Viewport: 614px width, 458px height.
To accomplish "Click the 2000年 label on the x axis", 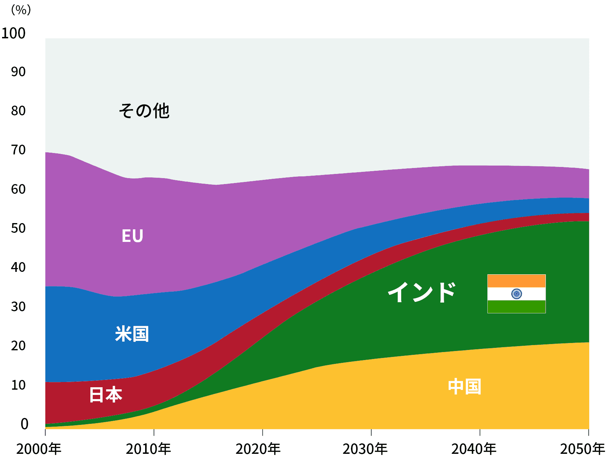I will click(38, 449).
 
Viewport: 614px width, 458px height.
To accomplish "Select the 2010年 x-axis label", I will click(148, 449).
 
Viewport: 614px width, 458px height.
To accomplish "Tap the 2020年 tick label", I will click(258, 449).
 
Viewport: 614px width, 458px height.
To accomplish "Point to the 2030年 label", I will click(365, 449).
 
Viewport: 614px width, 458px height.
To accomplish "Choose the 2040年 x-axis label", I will click(474, 449).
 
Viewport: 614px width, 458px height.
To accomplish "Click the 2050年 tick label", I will click(582, 449).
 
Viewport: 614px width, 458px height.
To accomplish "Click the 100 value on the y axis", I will click(14, 33).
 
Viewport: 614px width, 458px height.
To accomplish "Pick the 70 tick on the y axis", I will click(18, 150).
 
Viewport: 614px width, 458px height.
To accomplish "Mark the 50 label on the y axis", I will click(18, 228).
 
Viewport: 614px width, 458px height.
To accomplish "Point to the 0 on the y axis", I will click(24, 424).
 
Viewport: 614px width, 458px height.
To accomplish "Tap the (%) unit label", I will click(21, 10).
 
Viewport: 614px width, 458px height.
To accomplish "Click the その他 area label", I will click(144, 111).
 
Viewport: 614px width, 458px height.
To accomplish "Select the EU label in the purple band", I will click(132, 236).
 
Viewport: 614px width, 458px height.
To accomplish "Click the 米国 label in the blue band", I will click(132, 334).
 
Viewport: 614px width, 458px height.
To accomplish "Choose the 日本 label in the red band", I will click(105, 395).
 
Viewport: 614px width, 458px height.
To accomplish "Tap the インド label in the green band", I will click(422, 292).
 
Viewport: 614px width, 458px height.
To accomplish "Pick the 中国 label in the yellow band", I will click(464, 387).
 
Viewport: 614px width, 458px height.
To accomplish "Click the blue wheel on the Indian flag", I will click(516, 294).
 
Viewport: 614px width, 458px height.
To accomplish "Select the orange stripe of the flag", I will click(516, 281).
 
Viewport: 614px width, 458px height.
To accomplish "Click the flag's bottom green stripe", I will click(516, 307).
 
